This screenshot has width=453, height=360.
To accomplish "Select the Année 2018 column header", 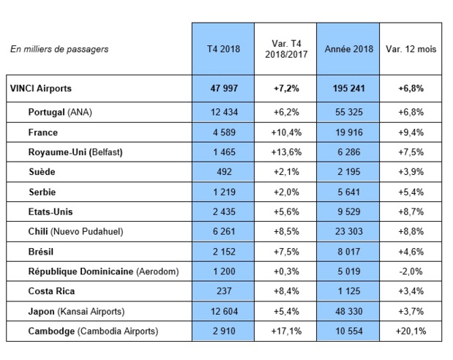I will point(346,49).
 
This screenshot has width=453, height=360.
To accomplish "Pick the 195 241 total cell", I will point(346,89).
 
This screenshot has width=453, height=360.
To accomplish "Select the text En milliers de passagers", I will point(59,49).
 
